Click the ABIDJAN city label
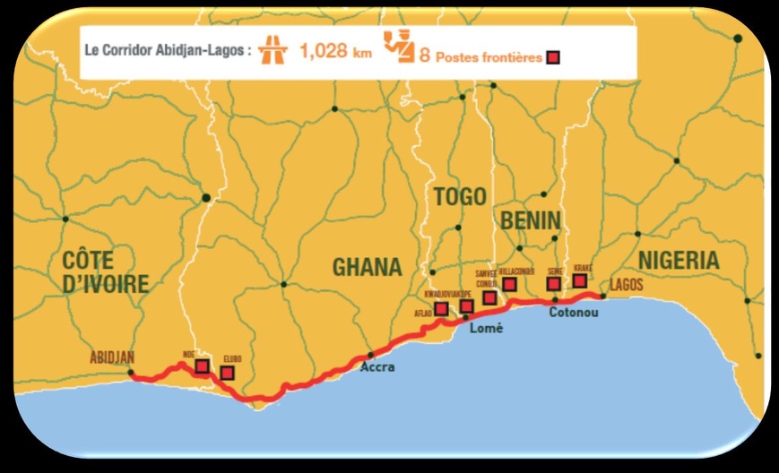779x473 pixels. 112,357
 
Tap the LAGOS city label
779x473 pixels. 626,284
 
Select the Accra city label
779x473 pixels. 377,366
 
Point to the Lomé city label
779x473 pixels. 487,329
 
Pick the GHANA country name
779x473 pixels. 368,266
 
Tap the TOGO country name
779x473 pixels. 459,197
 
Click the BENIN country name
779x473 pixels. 530,220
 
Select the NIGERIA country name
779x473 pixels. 679,261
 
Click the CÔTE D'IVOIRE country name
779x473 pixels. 106,271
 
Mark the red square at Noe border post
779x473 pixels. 203,366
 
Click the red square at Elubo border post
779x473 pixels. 228,373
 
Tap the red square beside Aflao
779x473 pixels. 442,309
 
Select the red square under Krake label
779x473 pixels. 580,281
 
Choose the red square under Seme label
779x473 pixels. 554,284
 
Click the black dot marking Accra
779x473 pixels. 370,355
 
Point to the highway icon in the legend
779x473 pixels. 272,52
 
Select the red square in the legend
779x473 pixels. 554,58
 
